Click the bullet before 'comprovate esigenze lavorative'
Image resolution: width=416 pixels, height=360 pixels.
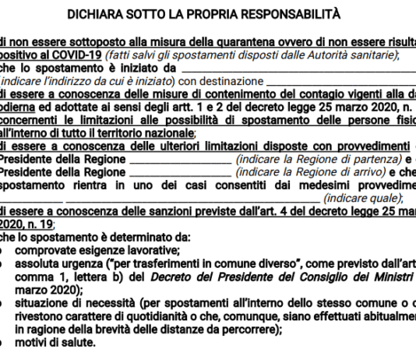coord(6,250)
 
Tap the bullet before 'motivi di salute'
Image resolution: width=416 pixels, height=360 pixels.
coord(6,342)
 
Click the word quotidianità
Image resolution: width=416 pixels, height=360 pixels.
coord(159,316)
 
